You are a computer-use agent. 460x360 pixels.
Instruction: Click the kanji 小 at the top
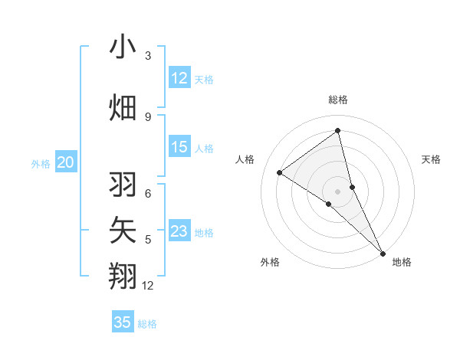(x=123, y=47)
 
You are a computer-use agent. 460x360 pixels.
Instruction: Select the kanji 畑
(x=123, y=107)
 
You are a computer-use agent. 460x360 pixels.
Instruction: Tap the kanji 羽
(x=123, y=185)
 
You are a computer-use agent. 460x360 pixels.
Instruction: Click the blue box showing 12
(x=179, y=78)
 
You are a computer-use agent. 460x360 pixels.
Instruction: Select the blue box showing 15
(x=179, y=147)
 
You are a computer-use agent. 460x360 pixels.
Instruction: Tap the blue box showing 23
(x=179, y=231)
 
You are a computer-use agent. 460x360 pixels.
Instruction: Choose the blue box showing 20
(x=66, y=162)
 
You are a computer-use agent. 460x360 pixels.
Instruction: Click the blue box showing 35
(x=123, y=322)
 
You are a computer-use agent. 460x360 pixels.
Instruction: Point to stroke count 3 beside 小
(x=148, y=56)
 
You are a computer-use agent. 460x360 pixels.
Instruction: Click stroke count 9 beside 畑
(x=148, y=116)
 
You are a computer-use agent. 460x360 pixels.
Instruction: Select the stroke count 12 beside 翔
(x=148, y=286)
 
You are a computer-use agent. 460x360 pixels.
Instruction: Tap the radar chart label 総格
(x=337, y=100)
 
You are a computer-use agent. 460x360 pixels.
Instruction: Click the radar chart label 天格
(x=432, y=159)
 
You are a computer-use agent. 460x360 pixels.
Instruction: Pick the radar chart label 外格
(x=270, y=262)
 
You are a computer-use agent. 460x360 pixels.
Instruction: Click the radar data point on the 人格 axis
(x=279, y=172)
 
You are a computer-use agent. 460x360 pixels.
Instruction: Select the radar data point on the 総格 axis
(x=337, y=131)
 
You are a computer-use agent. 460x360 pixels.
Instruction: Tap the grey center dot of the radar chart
(x=337, y=191)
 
